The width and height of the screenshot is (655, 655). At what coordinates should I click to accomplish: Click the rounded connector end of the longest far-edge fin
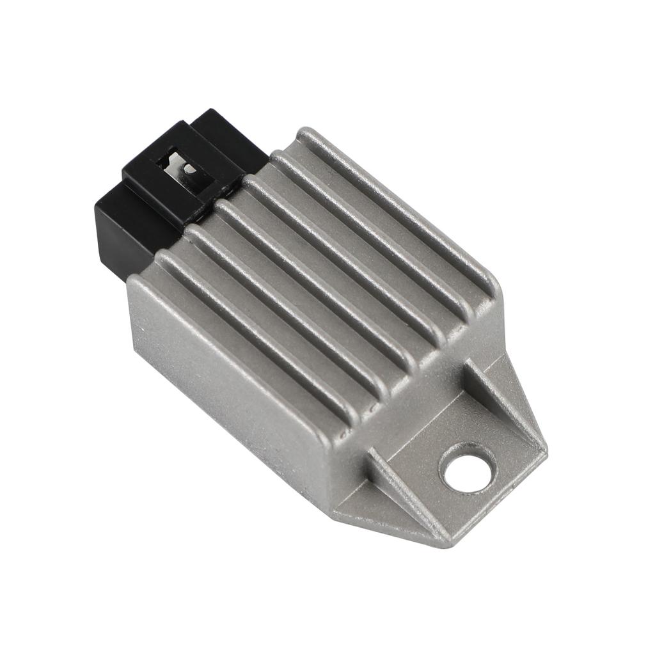[x=307, y=136]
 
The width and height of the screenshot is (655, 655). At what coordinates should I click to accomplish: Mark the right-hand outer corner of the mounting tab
[x=544, y=448]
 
